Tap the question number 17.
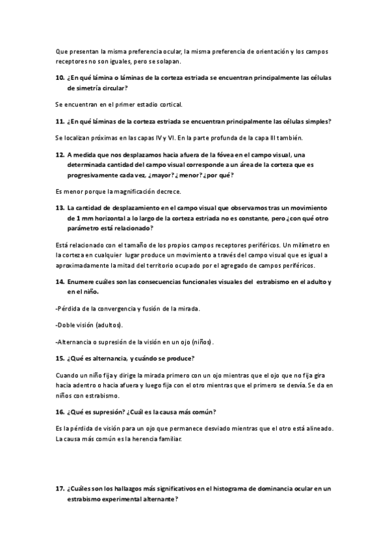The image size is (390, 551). coord(60,488)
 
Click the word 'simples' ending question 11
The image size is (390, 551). coord(315,121)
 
